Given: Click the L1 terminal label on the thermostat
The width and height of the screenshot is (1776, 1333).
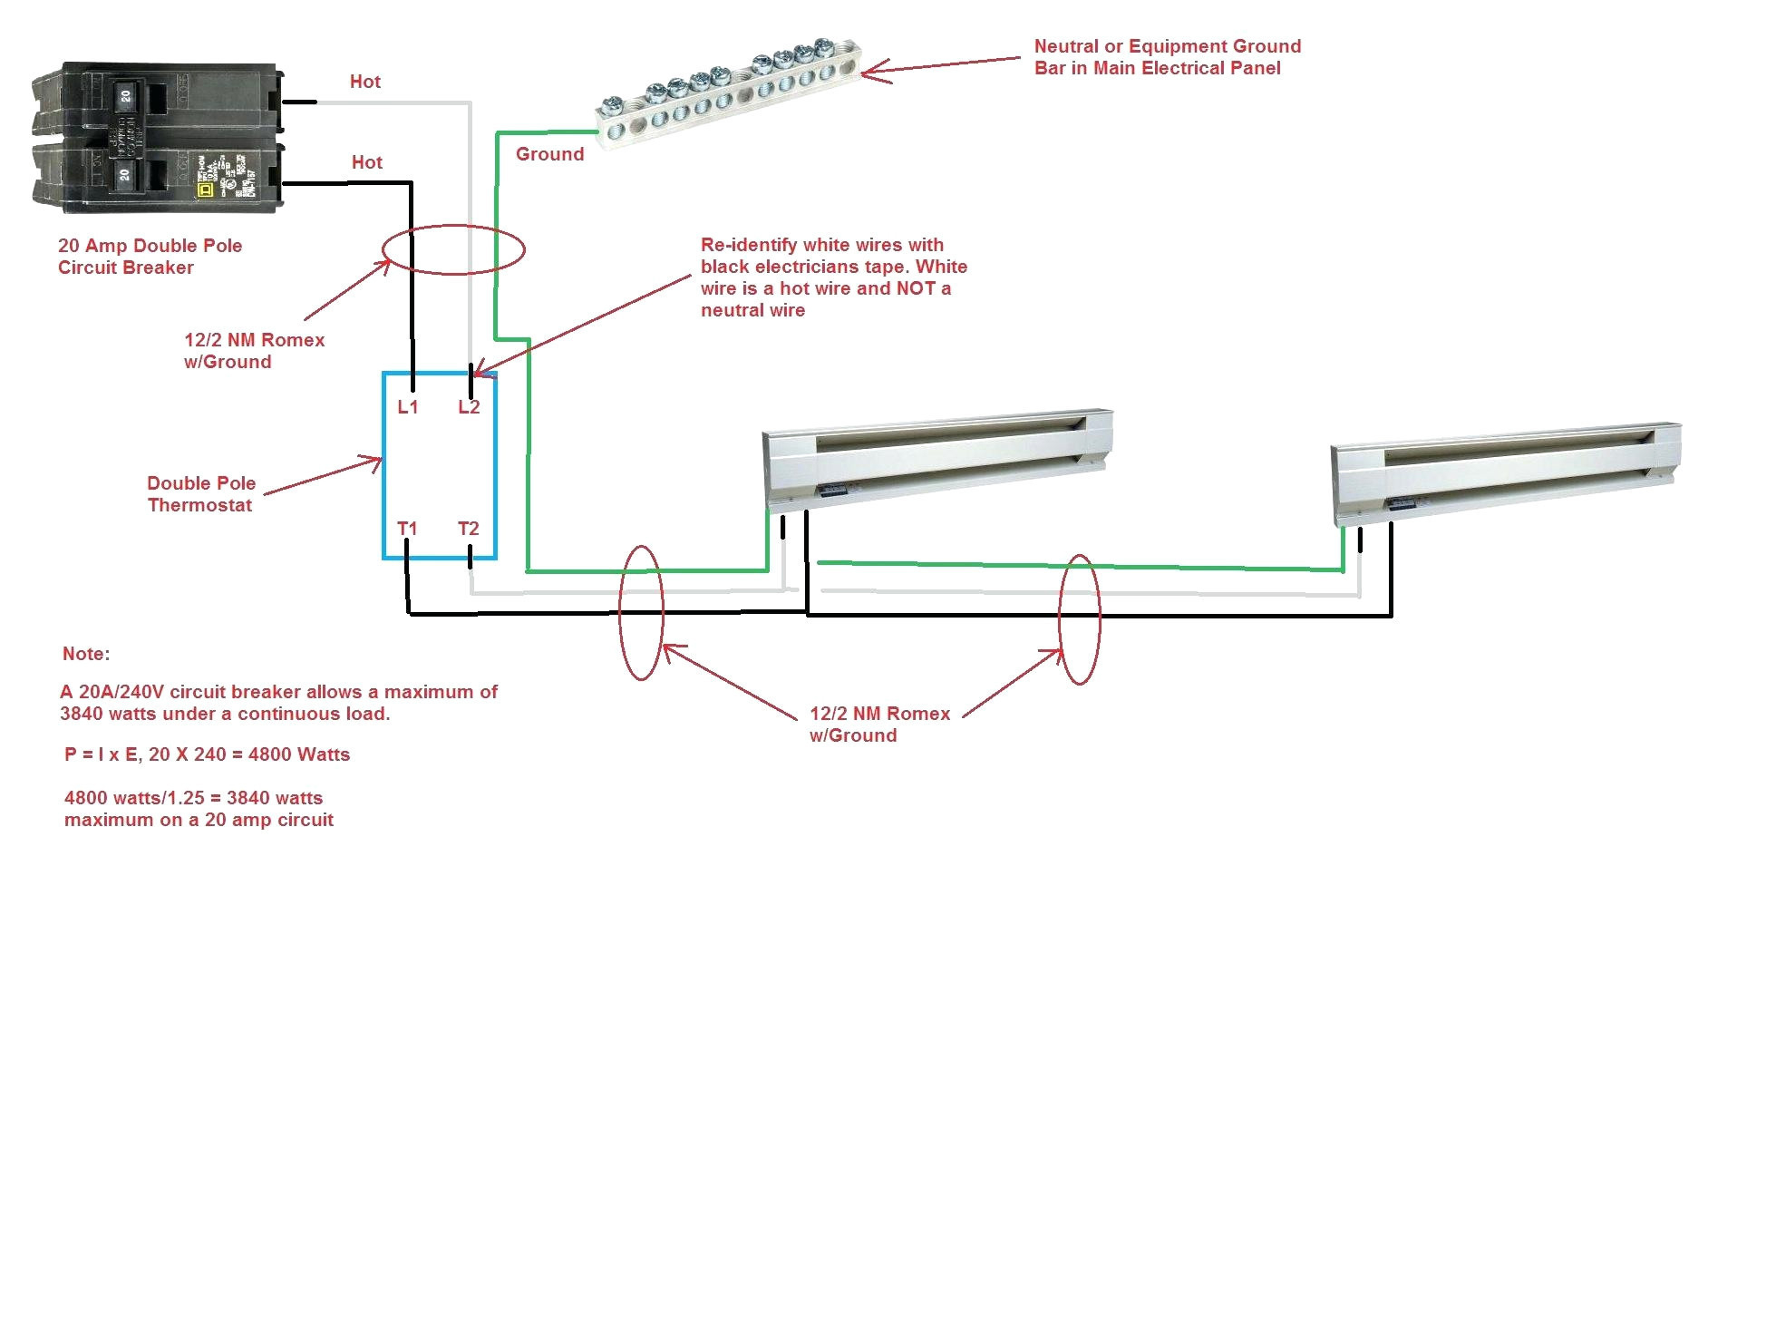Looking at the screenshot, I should pos(408,407).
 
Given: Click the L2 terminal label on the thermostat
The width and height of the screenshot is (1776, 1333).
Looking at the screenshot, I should pos(469,407).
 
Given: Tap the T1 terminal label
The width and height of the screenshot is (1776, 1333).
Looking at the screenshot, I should pos(407,529).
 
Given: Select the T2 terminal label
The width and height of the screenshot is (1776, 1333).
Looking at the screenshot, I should pos(468,529).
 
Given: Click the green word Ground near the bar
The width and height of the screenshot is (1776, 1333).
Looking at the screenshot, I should pos(549,154).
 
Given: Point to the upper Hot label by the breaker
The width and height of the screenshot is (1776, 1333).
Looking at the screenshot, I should pos(365,82).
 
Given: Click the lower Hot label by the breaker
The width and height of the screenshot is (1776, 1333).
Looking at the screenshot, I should pos(367,162).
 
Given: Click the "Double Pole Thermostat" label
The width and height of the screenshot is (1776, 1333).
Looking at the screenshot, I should pos(201,494).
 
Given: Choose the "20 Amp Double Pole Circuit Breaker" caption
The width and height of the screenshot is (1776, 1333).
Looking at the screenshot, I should pos(150,257).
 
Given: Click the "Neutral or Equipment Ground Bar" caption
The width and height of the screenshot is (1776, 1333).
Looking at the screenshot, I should pos(1167,57).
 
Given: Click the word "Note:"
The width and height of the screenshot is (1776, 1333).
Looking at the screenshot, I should pos(86,654).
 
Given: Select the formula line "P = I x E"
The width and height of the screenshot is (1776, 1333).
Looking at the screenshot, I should pos(207,754).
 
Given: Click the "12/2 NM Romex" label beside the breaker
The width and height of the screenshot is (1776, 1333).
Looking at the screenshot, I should pos(254,351).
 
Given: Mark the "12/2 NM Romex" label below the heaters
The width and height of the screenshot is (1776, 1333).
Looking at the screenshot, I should pos(879,725).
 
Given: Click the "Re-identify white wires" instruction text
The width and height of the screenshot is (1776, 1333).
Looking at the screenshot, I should pos(833,277).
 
